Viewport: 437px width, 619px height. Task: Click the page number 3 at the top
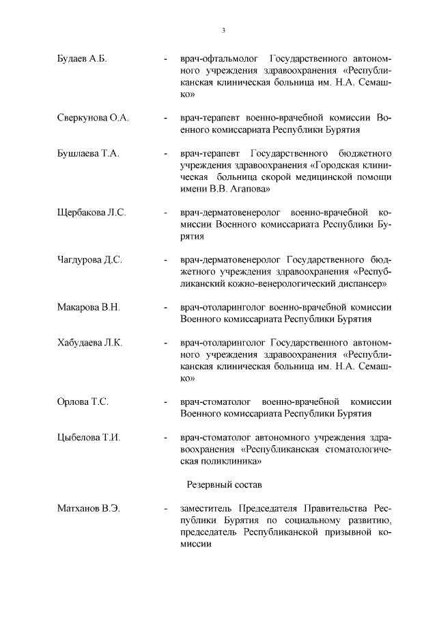click(223, 30)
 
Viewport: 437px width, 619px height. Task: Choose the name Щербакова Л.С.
click(92, 213)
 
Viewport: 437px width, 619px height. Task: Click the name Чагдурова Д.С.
click(89, 260)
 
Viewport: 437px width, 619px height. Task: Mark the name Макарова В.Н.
click(89, 307)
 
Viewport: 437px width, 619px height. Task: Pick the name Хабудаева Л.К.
click(90, 343)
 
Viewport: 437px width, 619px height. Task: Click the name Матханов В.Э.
click(89, 509)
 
